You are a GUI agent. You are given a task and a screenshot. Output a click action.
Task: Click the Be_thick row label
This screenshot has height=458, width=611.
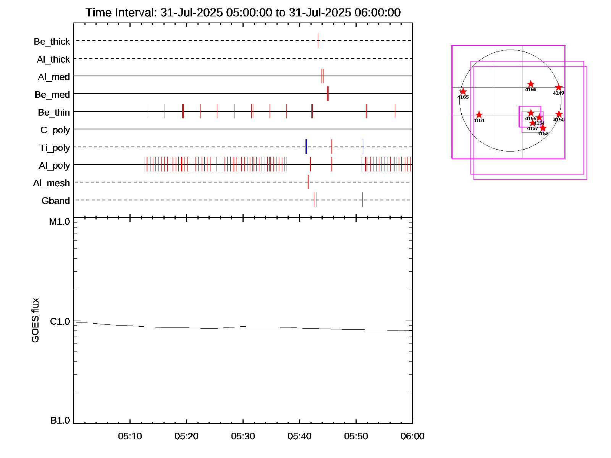click(x=52, y=41)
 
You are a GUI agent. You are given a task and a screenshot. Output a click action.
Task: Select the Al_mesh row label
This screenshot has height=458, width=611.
click(x=51, y=183)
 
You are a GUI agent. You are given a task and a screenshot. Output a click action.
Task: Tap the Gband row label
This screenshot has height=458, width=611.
click(x=56, y=201)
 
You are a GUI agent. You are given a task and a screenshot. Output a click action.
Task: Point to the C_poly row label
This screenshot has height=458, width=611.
click(x=55, y=130)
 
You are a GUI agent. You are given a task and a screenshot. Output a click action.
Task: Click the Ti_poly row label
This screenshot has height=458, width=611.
click(x=55, y=148)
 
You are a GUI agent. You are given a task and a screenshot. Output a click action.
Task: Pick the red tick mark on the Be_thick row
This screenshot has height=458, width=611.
click(x=318, y=40)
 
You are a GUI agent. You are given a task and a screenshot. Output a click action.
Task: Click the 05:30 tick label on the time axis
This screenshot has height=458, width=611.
click(x=243, y=436)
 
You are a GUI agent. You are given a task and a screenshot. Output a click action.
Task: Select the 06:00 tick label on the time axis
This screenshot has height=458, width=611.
click(x=412, y=436)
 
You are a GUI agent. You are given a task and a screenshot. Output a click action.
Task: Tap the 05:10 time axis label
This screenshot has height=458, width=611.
click(x=130, y=436)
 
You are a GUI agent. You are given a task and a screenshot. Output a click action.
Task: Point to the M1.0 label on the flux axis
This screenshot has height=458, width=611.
click(x=60, y=222)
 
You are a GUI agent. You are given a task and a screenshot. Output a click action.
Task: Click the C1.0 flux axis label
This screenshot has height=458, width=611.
click(x=60, y=322)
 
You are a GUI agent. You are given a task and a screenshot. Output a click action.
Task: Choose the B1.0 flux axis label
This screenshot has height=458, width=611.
click(x=60, y=421)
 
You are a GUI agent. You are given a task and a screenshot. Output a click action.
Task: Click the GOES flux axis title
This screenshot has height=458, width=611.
click(x=35, y=320)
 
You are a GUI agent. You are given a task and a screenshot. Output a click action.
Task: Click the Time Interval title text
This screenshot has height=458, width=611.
click(x=243, y=13)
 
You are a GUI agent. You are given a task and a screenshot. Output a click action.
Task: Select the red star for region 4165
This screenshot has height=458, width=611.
click(x=463, y=92)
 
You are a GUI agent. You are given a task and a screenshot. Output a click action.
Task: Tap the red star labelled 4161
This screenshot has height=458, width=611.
click(x=479, y=115)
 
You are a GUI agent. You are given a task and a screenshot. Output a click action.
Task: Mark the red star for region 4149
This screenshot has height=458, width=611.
click(x=558, y=87)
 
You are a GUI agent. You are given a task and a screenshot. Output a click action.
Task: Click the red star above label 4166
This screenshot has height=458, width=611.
click(x=530, y=84)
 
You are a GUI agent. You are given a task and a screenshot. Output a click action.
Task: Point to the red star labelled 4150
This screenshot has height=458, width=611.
click(x=559, y=114)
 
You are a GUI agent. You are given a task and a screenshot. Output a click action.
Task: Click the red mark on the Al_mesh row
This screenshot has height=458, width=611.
click(x=309, y=182)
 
